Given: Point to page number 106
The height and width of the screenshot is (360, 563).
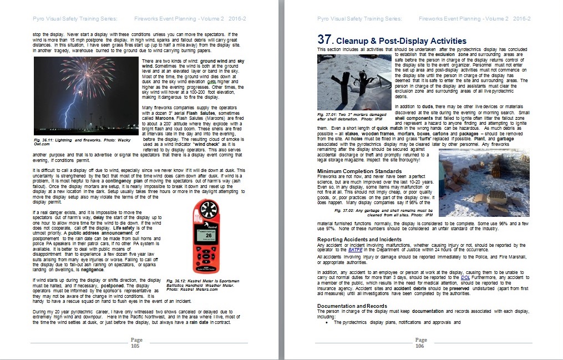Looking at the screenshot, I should tap(421, 343).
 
